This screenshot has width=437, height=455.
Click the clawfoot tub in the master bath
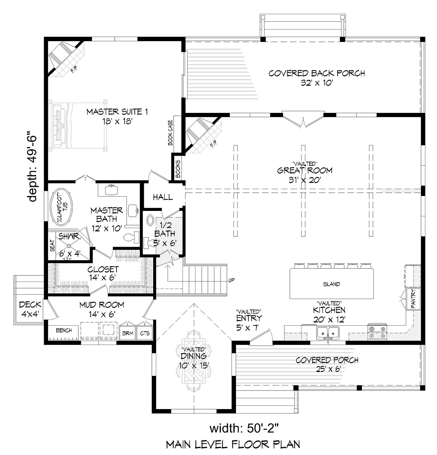point(62,209)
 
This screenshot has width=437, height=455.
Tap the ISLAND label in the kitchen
point(331,284)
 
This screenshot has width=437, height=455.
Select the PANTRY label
point(413,299)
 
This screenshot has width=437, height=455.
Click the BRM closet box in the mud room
point(127,333)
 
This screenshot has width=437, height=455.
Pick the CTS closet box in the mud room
point(145,333)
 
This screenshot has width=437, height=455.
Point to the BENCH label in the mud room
point(64,330)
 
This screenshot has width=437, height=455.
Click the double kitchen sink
point(328,333)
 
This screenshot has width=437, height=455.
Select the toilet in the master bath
point(131,238)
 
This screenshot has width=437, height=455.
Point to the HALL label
point(163,197)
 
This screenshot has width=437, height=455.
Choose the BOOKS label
point(178,169)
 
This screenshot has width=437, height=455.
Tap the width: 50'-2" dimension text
point(244,429)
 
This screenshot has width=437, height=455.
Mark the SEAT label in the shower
point(52,246)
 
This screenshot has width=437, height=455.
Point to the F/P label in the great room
point(213,143)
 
